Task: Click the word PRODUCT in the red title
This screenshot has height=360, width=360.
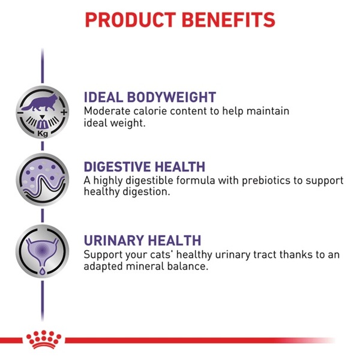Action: (130, 20)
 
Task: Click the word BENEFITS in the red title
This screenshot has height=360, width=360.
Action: (229, 20)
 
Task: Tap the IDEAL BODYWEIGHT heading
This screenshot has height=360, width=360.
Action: (150, 97)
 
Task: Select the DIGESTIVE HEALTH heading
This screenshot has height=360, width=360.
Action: (145, 167)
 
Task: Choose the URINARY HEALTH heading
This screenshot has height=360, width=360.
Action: (142, 241)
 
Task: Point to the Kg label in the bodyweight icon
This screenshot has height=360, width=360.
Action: (43, 133)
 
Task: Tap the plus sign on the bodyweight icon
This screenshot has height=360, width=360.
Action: (64, 112)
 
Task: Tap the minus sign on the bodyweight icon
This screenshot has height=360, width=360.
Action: (20, 113)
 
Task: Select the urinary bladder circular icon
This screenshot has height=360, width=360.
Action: (43, 251)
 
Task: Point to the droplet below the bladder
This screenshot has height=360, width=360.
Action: (43, 271)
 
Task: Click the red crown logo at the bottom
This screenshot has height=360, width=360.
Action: (44, 340)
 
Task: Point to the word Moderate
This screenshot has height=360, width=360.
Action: (107, 111)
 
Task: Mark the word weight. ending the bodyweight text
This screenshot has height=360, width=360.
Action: (128, 123)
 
